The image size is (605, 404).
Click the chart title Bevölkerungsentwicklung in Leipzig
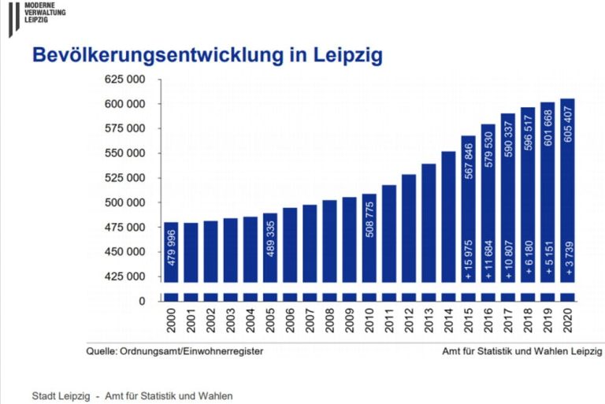coord(206,55)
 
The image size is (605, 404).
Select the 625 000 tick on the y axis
coord(124,80)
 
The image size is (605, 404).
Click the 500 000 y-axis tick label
coord(124,202)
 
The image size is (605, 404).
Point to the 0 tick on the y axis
coord(142,301)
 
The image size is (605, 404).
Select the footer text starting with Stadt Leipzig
coord(132,395)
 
